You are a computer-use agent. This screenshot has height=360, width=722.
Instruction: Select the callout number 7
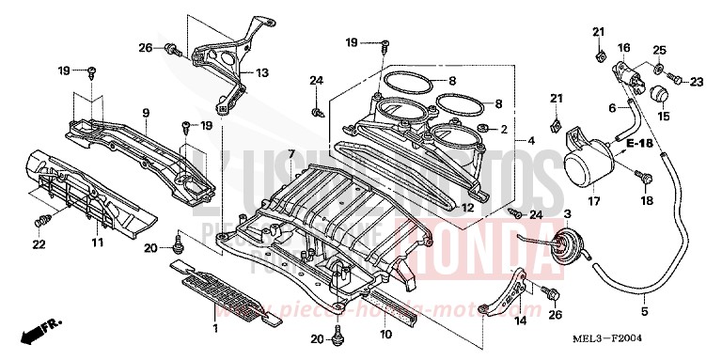[x=291, y=153]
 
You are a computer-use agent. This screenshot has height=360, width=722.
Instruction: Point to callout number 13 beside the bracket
[x=261, y=71]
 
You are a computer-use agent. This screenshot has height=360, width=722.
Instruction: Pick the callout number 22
[x=39, y=245]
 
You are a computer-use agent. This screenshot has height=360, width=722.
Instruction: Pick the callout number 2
[x=504, y=128]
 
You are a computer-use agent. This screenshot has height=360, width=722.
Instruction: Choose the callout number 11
[x=96, y=243]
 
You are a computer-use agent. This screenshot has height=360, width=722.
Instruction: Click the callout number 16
[x=622, y=47]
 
